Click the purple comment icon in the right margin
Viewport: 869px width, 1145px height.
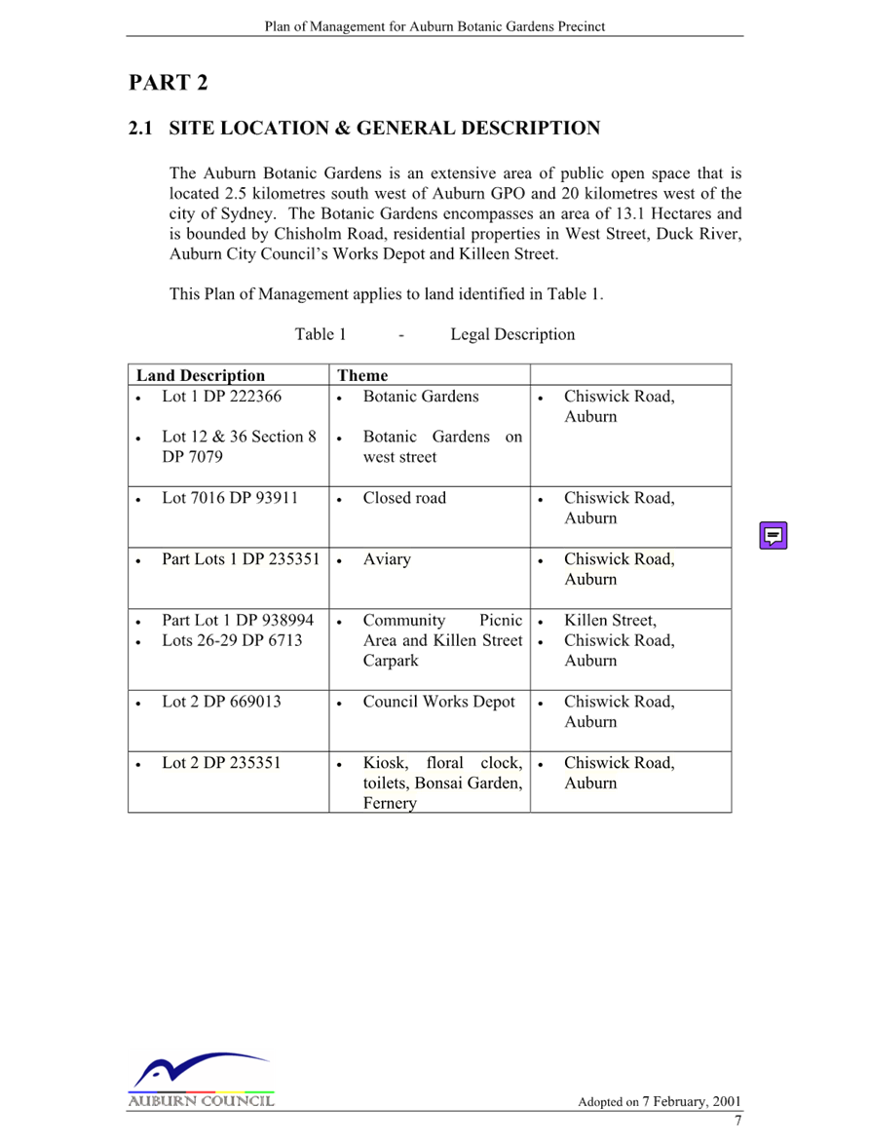[x=774, y=535]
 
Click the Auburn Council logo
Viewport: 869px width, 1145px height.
[x=201, y=1080]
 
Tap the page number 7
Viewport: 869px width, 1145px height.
[x=738, y=1121]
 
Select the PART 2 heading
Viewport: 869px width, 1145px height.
[x=168, y=83]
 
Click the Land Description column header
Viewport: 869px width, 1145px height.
[x=201, y=375]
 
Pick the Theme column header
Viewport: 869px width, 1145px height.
[x=362, y=375]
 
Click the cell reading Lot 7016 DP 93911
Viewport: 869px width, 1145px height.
[x=230, y=498]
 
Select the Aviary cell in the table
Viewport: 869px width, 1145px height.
[x=387, y=559]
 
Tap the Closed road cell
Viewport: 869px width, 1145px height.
[x=404, y=498]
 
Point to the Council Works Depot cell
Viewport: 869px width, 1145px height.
[x=438, y=702]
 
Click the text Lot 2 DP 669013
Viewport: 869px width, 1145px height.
[x=221, y=702]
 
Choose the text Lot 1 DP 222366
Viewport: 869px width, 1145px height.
[x=221, y=397]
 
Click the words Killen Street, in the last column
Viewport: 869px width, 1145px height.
[x=611, y=621]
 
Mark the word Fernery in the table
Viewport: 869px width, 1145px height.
[x=390, y=803]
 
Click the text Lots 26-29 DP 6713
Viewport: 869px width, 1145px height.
[x=232, y=640]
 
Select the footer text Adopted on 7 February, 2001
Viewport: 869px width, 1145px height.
[x=660, y=1101]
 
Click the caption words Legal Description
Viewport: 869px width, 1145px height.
[x=512, y=334]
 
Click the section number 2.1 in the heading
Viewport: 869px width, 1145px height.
[x=140, y=128]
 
